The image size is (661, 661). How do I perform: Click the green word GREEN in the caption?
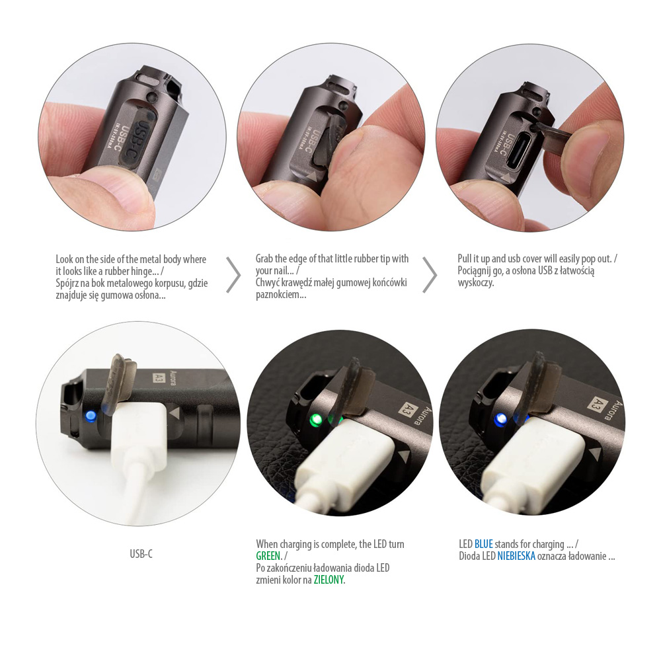pos(268,556)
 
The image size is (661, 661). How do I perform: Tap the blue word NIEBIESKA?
pos(516,556)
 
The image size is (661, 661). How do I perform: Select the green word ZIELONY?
pos(329,580)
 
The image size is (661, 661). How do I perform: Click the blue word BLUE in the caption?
pos(484,544)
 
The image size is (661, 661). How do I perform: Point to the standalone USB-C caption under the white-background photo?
pos(141,553)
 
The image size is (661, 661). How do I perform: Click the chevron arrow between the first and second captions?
pos(233,274)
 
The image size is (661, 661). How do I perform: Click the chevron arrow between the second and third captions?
pos(430,274)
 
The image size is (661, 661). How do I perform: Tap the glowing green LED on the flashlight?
pos(315,420)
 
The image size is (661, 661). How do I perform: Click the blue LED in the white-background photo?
pos(90,416)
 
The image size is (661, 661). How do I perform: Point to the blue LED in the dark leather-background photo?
pos(501,419)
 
